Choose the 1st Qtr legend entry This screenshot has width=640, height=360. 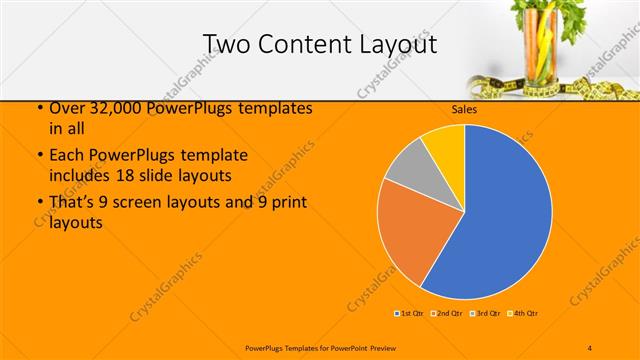[409, 314]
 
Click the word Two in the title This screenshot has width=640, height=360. [225, 44]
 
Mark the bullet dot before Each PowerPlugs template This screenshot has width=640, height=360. [39, 156]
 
